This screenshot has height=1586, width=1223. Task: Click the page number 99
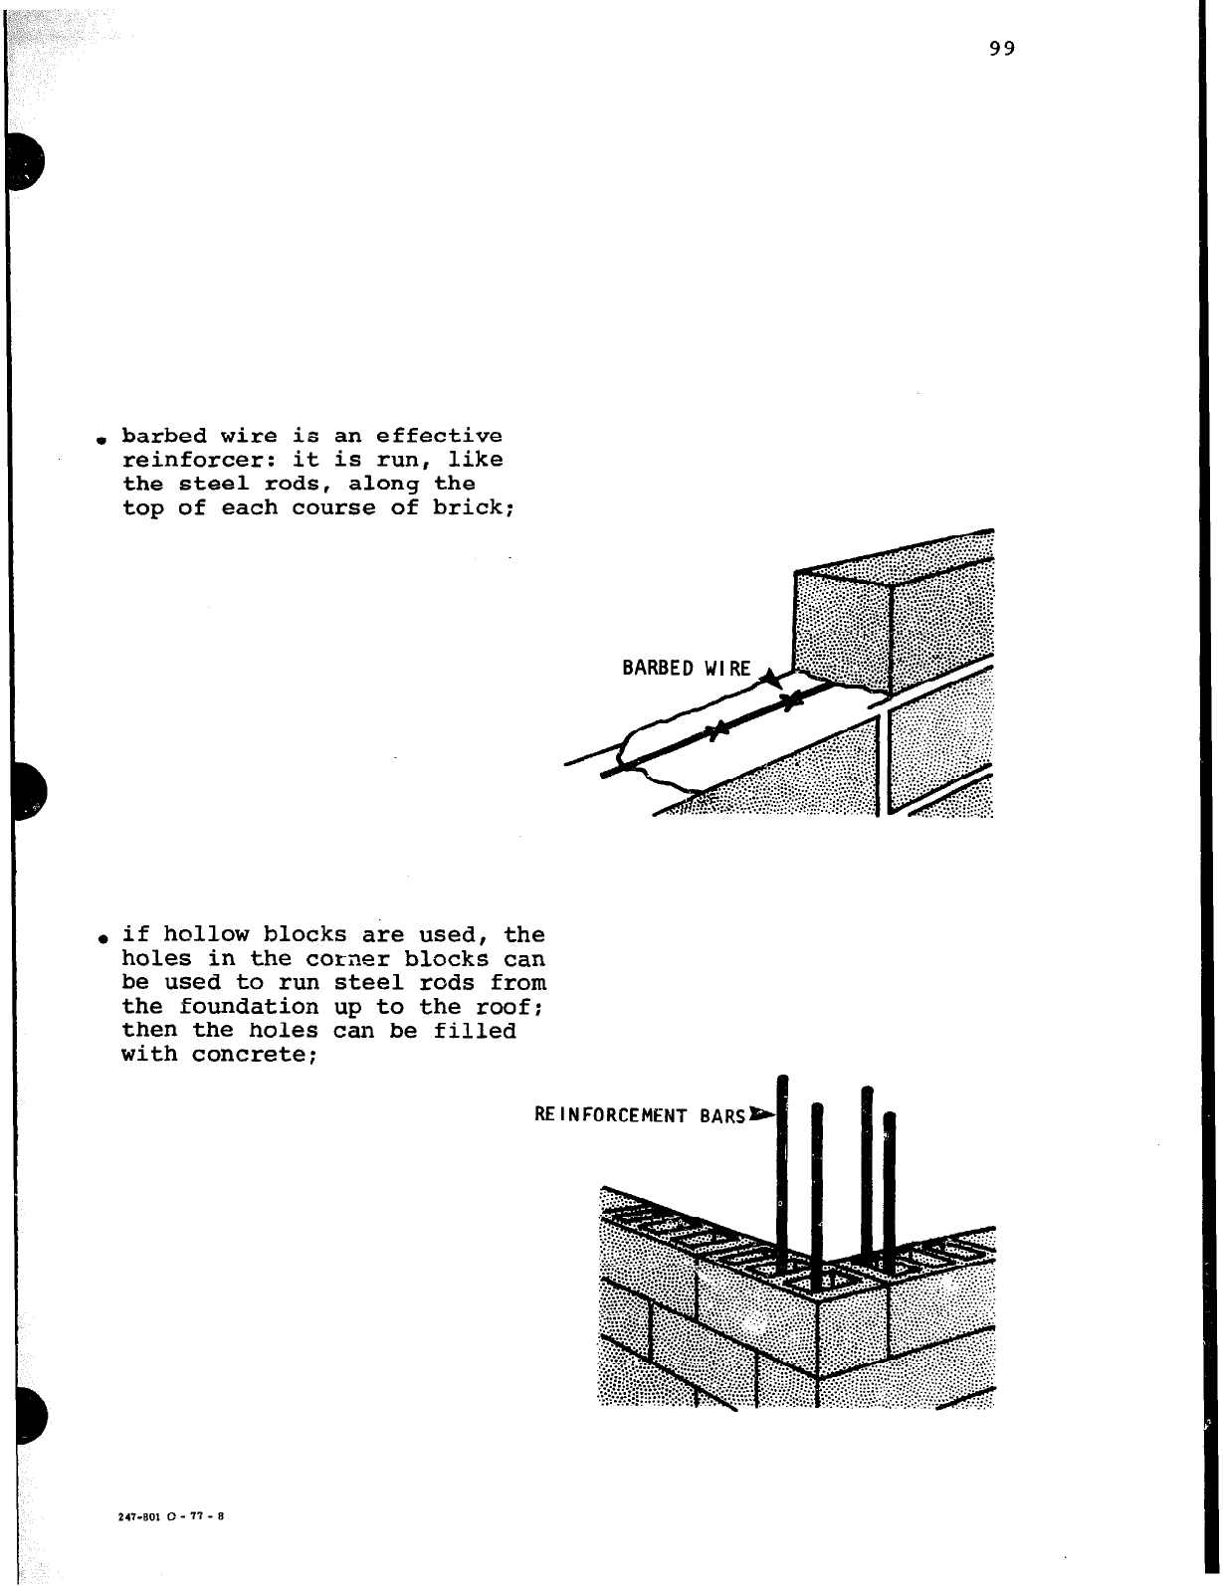point(1002,49)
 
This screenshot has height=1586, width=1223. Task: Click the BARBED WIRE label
point(687,668)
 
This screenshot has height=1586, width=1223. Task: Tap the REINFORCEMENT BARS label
point(639,1115)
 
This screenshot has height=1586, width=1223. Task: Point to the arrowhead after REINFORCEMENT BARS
point(762,1113)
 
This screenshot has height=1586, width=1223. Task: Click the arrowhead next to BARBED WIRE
point(769,679)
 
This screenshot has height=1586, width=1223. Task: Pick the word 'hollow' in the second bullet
point(206,934)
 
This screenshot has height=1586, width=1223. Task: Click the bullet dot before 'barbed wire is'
point(102,440)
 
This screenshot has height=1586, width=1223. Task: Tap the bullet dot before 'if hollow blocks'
point(102,938)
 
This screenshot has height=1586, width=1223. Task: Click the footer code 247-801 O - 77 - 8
point(172,1516)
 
